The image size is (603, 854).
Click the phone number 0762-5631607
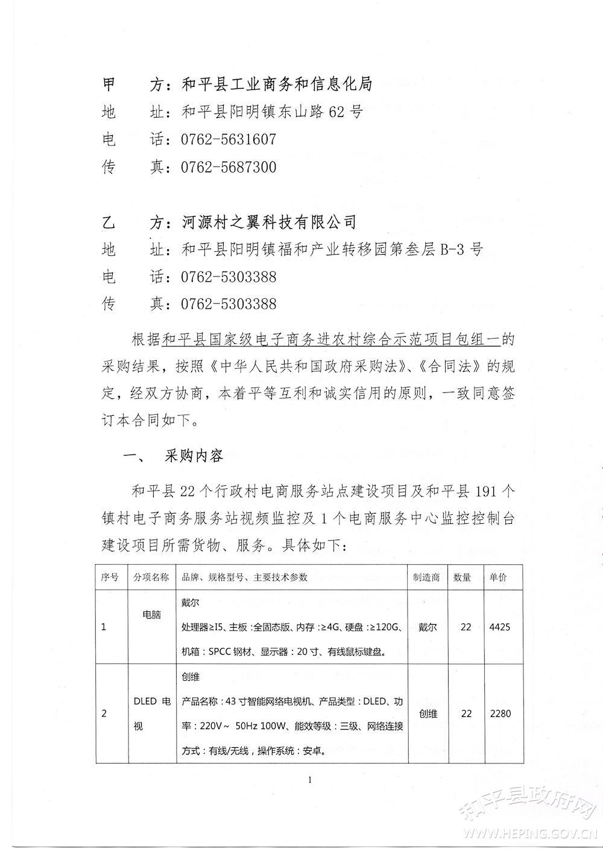229,139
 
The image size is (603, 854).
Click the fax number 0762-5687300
229,167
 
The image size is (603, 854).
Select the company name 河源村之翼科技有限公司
269,222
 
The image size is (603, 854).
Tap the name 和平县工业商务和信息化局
277,84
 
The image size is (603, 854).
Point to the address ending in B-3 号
332,249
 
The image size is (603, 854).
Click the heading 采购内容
194,456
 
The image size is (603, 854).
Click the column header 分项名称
151,577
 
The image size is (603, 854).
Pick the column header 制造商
426,577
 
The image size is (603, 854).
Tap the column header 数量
463,577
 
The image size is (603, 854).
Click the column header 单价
499,577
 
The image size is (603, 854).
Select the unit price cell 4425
500,627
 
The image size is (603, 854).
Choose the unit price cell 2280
500,713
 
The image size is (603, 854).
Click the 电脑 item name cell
151,614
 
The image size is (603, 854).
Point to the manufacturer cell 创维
428,713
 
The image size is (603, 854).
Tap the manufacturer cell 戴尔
428,627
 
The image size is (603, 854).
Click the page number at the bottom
310,780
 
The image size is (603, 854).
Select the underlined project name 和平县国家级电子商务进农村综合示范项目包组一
332,340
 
